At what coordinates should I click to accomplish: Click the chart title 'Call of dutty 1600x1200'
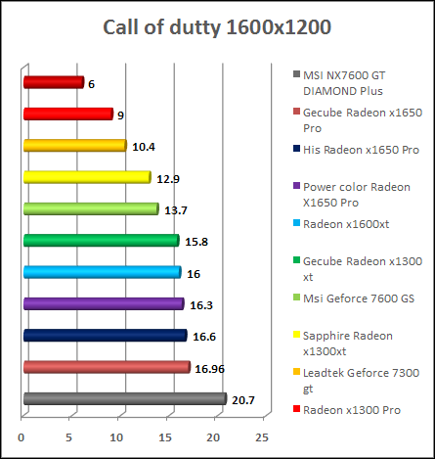point(217,26)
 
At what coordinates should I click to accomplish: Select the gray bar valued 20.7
point(124,398)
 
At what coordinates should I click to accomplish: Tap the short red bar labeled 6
point(53,83)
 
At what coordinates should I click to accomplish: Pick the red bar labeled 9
point(67,115)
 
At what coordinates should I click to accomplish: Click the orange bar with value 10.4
point(74,146)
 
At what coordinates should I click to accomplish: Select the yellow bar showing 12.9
point(86,177)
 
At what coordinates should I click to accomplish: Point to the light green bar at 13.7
point(90,208)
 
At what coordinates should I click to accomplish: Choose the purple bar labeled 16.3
point(103,304)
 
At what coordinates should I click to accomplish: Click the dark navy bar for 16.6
point(105,336)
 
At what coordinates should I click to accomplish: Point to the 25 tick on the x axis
point(262,436)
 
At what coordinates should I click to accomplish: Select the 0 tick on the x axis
point(22,436)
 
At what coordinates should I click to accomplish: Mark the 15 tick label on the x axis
point(166,436)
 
